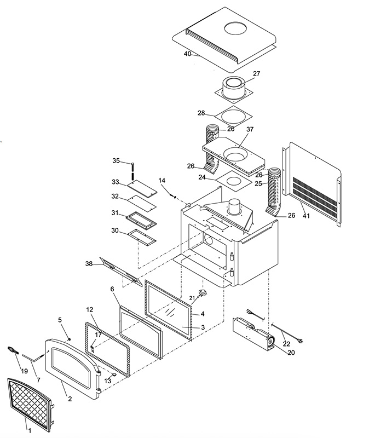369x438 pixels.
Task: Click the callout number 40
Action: (x=187, y=54)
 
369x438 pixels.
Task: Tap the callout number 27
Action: (x=256, y=74)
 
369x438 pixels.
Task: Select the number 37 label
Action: (x=250, y=129)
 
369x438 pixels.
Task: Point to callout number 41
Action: (x=306, y=216)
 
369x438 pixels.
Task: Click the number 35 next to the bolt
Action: (x=116, y=160)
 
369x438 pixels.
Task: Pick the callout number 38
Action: (x=89, y=263)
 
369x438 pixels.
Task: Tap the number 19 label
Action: (x=24, y=371)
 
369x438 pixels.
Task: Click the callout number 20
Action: (x=291, y=353)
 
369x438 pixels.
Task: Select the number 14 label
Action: (x=162, y=181)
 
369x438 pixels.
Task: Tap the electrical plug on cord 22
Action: (x=299, y=341)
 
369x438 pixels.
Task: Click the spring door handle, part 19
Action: (x=13, y=350)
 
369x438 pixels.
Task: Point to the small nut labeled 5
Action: (x=70, y=339)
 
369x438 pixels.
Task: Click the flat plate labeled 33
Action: (x=142, y=189)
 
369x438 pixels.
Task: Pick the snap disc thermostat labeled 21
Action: (x=203, y=292)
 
